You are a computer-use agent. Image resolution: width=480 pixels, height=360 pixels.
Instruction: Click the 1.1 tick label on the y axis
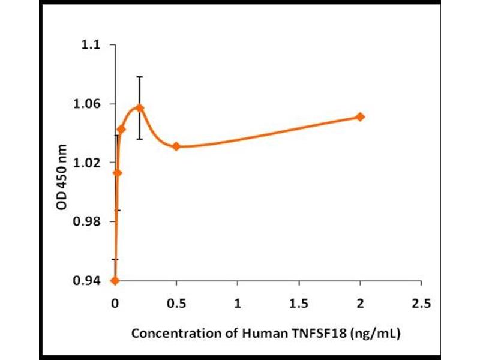[x=92, y=46]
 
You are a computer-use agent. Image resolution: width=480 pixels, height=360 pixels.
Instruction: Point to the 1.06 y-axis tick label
[x=89, y=104]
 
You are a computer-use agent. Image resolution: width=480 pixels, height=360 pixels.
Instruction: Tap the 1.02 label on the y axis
[x=89, y=163]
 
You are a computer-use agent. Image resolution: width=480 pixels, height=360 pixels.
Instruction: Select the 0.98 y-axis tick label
[x=89, y=222]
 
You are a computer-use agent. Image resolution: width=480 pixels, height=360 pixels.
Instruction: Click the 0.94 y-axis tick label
[x=89, y=281]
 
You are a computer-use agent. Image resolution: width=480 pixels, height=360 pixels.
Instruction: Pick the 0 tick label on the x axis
[x=115, y=304]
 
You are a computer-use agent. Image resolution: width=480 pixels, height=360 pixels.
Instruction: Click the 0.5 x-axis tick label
[x=176, y=304]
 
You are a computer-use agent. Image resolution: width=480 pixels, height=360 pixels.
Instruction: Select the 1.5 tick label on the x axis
[x=299, y=304]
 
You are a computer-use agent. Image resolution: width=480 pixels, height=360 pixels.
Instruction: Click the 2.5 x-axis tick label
[x=421, y=304]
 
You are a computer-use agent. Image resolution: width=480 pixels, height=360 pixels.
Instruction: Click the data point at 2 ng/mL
[x=360, y=116]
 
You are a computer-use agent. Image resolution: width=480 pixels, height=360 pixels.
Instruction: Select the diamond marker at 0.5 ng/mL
[x=176, y=146]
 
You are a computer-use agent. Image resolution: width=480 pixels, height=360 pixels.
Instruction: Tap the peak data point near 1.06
[x=140, y=108]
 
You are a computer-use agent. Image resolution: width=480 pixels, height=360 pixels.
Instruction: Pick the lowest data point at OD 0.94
[x=115, y=280]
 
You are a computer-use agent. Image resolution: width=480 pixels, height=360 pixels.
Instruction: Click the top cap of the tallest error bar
[x=140, y=77]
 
